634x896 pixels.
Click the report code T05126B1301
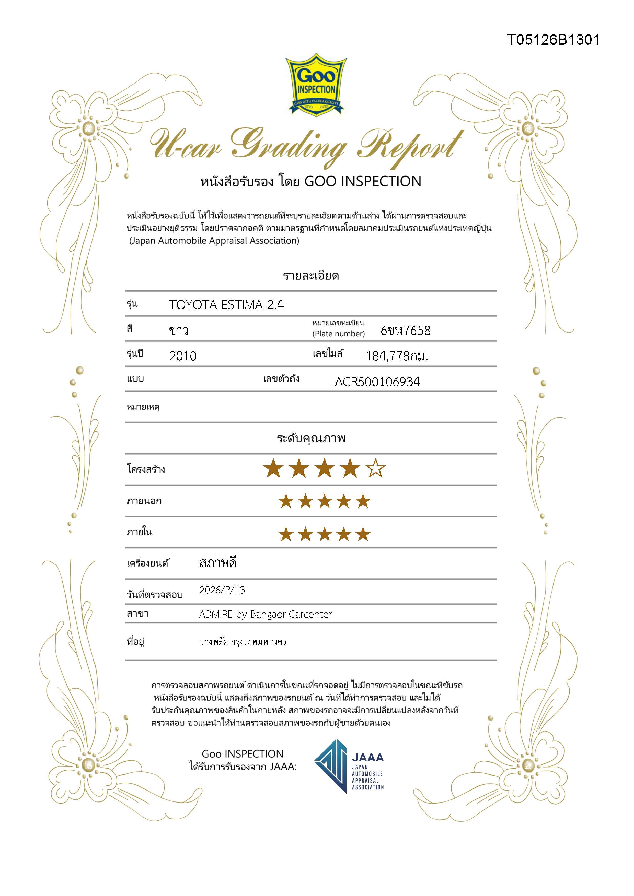(553, 40)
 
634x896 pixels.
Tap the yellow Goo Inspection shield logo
(316, 85)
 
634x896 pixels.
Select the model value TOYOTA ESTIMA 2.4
(226, 305)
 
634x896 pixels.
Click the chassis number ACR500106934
(377, 382)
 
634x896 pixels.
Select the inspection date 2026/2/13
(222, 590)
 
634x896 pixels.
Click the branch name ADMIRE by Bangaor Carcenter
(266, 614)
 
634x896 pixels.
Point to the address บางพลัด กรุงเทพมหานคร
(243, 642)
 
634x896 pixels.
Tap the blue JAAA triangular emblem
(331, 766)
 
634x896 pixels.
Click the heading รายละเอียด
(311, 276)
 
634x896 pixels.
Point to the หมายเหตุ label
(143, 407)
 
